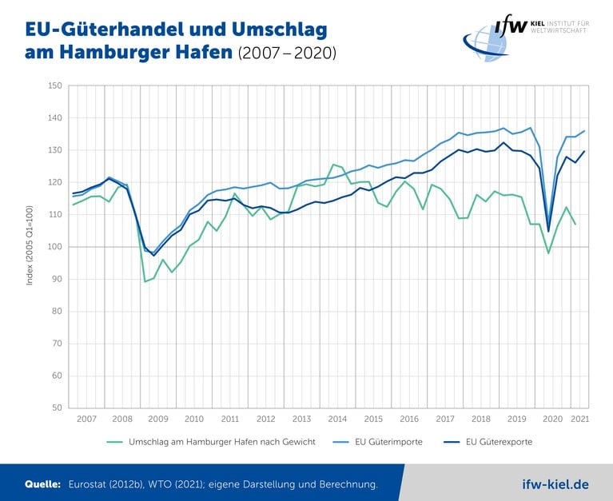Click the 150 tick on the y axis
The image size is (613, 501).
click(55, 85)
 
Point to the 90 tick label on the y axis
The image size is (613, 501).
click(57, 279)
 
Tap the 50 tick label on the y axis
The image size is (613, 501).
click(57, 408)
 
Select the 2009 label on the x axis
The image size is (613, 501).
click(157, 419)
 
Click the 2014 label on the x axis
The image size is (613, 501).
click(337, 419)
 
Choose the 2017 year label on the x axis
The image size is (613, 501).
click(445, 419)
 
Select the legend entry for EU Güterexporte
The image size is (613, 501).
click(500, 441)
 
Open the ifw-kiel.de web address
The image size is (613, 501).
click(555, 484)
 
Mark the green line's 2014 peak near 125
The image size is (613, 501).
click(333, 165)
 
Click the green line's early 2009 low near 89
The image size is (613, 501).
click(145, 281)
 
